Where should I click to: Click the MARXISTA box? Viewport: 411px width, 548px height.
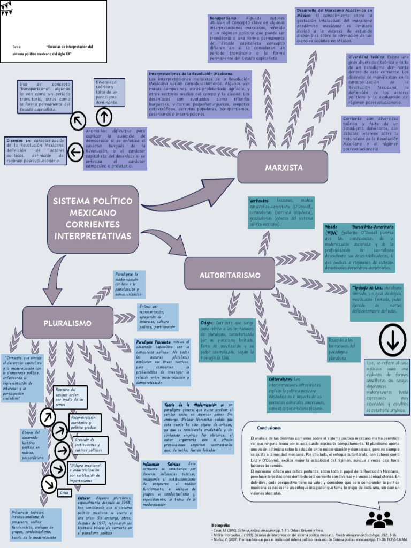(x=283, y=168)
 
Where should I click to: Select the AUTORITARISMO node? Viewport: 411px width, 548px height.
(x=230, y=275)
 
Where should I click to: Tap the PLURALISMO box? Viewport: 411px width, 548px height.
(x=67, y=323)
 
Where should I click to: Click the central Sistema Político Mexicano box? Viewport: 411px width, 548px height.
(x=92, y=218)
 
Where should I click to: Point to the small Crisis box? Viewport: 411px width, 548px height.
(x=64, y=492)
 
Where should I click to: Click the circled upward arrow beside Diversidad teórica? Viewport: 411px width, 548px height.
(x=104, y=116)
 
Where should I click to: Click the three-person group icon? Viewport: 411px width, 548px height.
(x=379, y=519)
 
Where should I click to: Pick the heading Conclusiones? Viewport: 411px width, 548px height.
(x=269, y=428)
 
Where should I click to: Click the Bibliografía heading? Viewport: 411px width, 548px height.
(x=220, y=526)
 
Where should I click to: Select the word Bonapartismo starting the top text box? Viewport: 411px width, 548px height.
(x=223, y=18)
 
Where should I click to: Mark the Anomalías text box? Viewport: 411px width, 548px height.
(x=115, y=148)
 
